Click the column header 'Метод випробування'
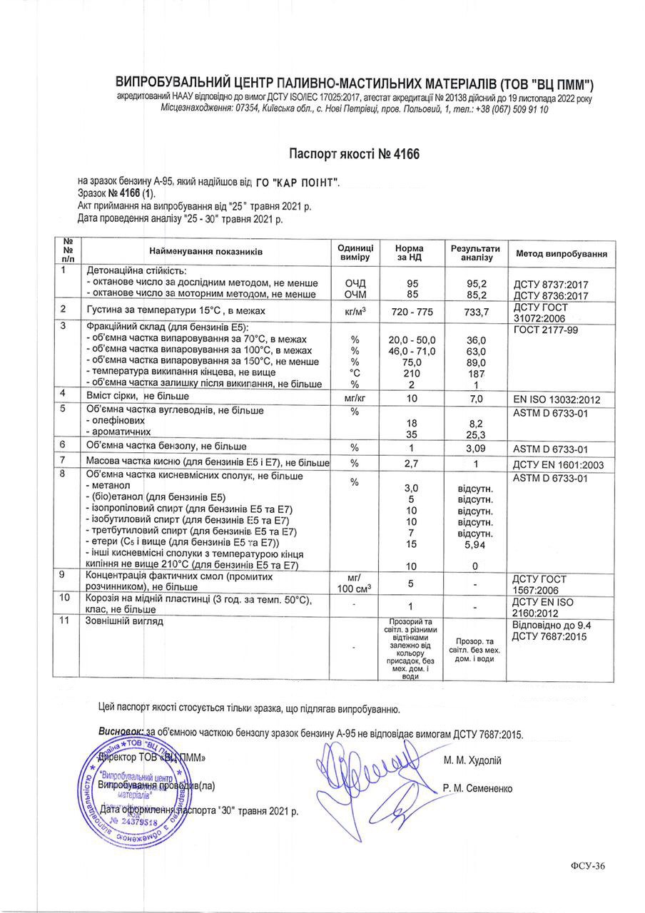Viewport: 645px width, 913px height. tap(561, 253)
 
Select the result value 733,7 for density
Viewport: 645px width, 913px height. tap(476, 312)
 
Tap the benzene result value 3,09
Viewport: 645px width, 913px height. tap(476, 449)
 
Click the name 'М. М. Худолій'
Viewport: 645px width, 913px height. tap(472, 760)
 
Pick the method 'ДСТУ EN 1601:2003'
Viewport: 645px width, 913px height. tap(560, 465)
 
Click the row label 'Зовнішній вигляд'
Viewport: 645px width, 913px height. tap(125, 621)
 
